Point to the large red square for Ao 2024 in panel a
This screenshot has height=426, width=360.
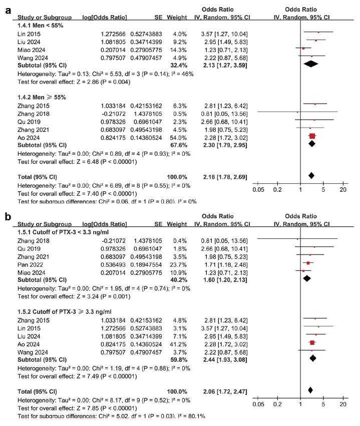312,136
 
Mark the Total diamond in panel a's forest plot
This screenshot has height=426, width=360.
311,175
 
